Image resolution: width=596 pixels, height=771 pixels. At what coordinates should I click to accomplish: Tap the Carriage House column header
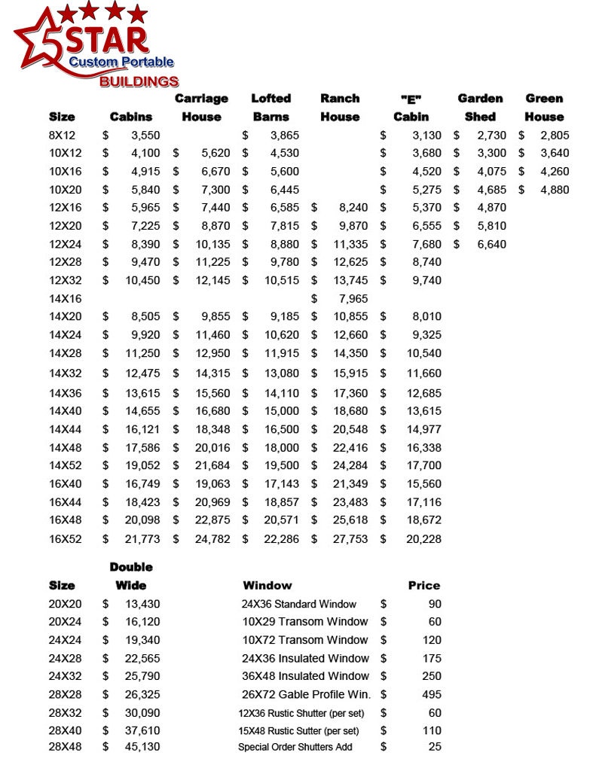[201, 108]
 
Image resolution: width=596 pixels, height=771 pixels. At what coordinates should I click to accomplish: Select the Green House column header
[544, 108]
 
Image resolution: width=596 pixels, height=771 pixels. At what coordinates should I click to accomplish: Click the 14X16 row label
[65, 298]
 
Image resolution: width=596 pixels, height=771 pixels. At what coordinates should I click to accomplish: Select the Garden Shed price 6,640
[491, 244]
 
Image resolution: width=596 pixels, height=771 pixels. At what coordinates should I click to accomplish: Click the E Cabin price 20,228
[423, 539]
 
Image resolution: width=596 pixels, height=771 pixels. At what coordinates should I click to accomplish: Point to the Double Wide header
[131, 576]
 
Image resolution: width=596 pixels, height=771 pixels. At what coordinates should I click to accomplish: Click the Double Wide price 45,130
[142, 746]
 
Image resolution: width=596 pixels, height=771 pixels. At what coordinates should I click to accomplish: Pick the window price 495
[432, 694]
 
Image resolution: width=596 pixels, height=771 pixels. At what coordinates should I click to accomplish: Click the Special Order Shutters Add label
[295, 747]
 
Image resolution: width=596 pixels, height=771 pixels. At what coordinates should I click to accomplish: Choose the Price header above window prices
[424, 585]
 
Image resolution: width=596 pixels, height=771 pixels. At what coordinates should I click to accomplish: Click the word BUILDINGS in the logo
[139, 81]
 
